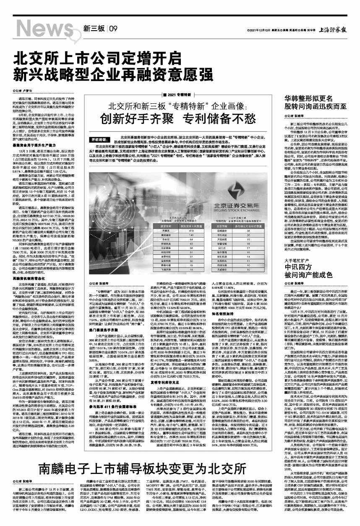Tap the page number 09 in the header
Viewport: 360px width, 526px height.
pos(113,29)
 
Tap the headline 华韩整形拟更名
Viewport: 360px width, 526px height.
pos(307,100)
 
